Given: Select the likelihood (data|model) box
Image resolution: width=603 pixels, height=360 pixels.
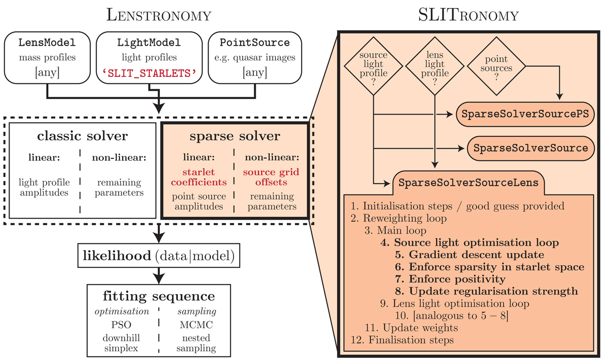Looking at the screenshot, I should pyautogui.click(x=159, y=256).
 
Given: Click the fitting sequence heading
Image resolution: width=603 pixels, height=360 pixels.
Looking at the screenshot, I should pyautogui.click(x=159, y=296).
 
